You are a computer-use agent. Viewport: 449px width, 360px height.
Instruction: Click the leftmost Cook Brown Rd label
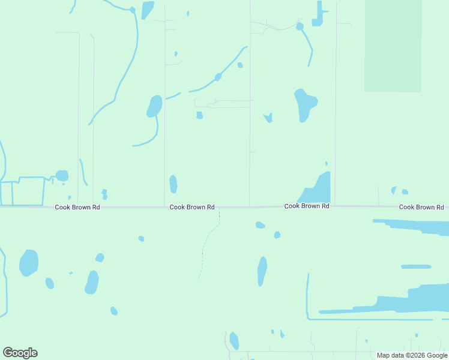pos(77,207)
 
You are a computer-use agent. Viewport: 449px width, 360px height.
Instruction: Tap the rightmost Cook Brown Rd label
pos(421,207)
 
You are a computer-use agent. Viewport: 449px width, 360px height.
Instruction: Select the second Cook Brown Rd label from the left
pos(192,207)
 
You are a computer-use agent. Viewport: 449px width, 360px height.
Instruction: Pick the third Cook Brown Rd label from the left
pos(307,206)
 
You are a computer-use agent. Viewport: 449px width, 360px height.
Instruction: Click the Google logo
pos(20,353)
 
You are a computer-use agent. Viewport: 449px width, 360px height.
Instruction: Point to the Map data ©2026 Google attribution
pos(412,355)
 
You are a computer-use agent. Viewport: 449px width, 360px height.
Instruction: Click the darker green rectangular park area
pos(393,46)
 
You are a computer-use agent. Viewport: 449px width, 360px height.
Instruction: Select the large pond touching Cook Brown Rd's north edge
pos(318,190)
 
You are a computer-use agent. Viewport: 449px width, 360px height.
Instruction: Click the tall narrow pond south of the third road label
pos(262,271)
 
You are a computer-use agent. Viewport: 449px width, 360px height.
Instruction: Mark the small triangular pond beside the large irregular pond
pos(268,118)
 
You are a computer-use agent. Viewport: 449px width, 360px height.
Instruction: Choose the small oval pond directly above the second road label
pos(173,184)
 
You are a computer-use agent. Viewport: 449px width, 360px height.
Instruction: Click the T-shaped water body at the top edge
pos(318,16)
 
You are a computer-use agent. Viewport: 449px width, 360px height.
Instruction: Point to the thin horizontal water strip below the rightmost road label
pos(415,266)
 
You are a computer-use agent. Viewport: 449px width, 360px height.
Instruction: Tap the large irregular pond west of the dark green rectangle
pos(304,104)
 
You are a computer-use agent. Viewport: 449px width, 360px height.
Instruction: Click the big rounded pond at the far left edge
pos(29,262)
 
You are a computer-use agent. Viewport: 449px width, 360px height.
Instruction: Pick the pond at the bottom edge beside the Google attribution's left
pos(234,341)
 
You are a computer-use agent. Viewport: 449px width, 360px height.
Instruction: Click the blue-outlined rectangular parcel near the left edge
pos(28,191)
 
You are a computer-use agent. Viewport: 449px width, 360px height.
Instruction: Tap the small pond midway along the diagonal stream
pos(218,77)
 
